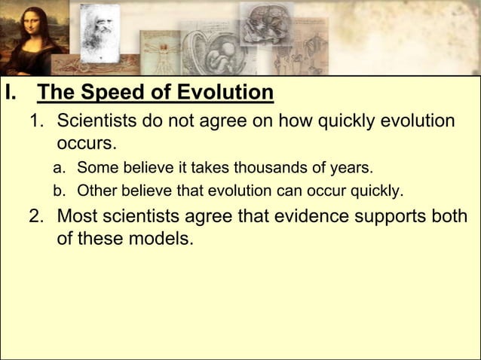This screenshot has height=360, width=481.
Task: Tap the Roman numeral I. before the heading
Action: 10,94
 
